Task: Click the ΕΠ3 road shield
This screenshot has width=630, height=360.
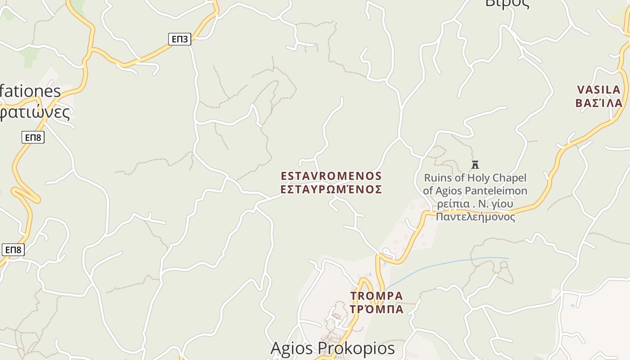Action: tap(180, 39)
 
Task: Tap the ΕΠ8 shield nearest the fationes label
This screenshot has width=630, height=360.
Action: tap(33, 137)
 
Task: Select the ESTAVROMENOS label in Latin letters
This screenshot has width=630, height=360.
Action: tap(331, 176)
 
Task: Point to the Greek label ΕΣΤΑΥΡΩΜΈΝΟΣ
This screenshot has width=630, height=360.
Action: tap(331, 189)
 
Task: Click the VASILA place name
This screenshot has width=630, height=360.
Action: tap(599, 90)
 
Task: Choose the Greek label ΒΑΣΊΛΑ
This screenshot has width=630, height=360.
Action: tap(599, 103)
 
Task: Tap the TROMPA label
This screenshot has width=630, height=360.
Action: tap(377, 296)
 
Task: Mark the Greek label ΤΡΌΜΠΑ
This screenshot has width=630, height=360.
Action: tap(377, 310)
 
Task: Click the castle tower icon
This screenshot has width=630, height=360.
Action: tap(475, 164)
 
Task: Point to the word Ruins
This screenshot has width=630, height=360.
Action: tap(438, 178)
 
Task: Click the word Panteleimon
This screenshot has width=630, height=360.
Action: tap(495, 191)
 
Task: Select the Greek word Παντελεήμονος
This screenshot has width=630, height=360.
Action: tap(475, 217)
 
